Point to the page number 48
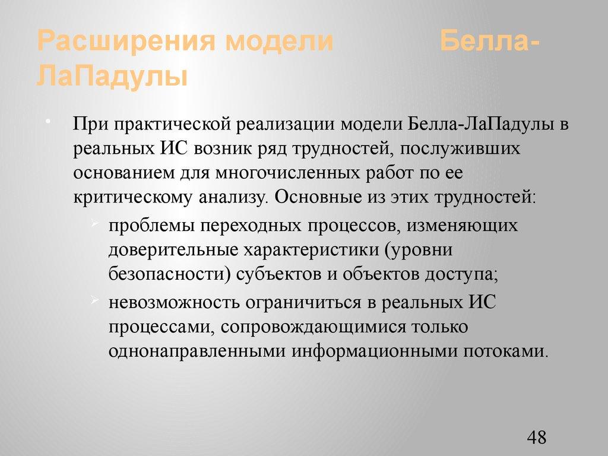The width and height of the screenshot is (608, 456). click(x=536, y=439)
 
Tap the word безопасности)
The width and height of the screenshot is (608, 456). click(x=168, y=274)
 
